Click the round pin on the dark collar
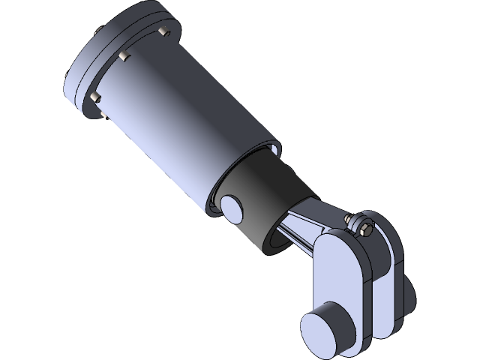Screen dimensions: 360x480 pos(232,208)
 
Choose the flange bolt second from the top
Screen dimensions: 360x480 pos(124,55)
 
